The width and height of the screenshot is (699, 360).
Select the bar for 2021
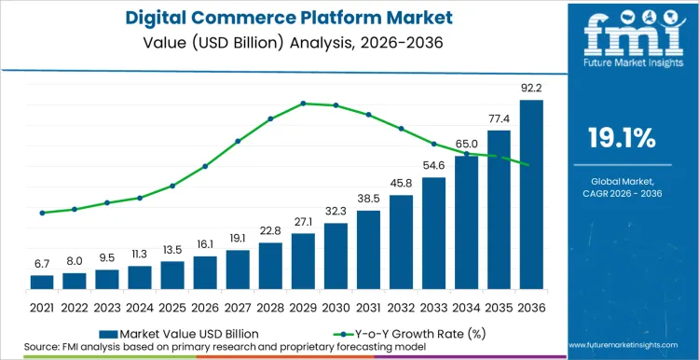click(42, 282)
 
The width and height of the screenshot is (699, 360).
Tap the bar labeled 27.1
click(303, 260)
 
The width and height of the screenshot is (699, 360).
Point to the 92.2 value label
click(530, 89)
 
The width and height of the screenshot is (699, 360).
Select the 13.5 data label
click(172, 250)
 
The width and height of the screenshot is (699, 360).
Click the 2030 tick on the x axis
click(336, 307)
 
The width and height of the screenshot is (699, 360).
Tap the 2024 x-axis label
click(140, 307)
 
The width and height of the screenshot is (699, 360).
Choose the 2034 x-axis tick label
click(466, 307)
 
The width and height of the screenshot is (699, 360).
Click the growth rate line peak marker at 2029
click(303, 104)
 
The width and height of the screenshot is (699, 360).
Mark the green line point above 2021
click(42, 213)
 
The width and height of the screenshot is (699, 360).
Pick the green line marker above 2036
click(530, 166)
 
